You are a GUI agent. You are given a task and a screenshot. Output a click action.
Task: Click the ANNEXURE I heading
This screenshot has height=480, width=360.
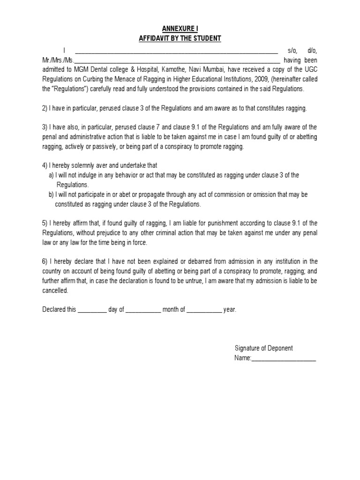point(180,29)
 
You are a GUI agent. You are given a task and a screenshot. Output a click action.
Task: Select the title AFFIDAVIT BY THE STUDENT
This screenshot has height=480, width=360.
point(180,38)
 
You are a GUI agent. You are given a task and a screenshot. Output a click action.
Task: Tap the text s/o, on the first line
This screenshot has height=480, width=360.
point(292,51)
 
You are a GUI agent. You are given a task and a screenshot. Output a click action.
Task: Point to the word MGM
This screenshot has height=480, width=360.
point(81,69)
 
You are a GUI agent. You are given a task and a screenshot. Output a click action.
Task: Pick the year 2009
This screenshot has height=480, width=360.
point(255,79)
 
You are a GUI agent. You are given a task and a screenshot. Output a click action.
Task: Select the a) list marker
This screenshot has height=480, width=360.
point(51,175)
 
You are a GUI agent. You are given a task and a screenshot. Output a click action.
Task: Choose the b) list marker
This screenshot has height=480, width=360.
point(51,195)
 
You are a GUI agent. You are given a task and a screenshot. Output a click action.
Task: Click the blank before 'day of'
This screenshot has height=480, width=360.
point(92,310)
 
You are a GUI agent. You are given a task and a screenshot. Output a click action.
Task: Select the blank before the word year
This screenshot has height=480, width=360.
point(204,310)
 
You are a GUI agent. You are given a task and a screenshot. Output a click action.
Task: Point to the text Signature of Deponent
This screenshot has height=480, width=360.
point(263,348)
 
